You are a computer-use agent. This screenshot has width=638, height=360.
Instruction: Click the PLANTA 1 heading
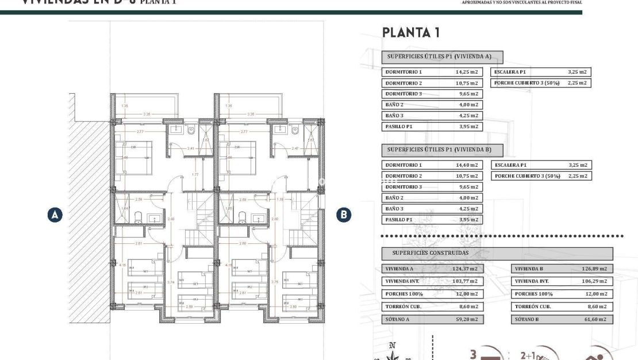click(x=411, y=33)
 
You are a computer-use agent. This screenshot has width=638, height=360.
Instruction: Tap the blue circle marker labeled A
click(x=55, y=215)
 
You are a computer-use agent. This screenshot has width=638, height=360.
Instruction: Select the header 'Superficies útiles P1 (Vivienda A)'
click(x=442, y=57)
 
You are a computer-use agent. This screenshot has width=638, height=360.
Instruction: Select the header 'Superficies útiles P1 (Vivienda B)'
click(x=442, y=150)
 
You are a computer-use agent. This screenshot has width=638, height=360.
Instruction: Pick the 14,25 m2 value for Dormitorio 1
click(x=467, y=72)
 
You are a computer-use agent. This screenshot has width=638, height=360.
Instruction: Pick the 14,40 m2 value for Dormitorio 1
click(x=467, y=165)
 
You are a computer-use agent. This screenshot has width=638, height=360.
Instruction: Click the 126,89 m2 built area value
click(x=594, y=269)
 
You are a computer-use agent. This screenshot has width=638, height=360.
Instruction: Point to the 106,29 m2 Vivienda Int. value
click(x=594, y=281)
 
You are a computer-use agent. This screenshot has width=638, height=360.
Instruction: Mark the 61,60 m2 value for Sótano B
click(x=595, y=319)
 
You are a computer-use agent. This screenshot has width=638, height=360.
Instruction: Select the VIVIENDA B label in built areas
click(x=529, y=269)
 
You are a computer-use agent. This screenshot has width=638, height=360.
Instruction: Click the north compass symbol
click(x=393, y=351)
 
